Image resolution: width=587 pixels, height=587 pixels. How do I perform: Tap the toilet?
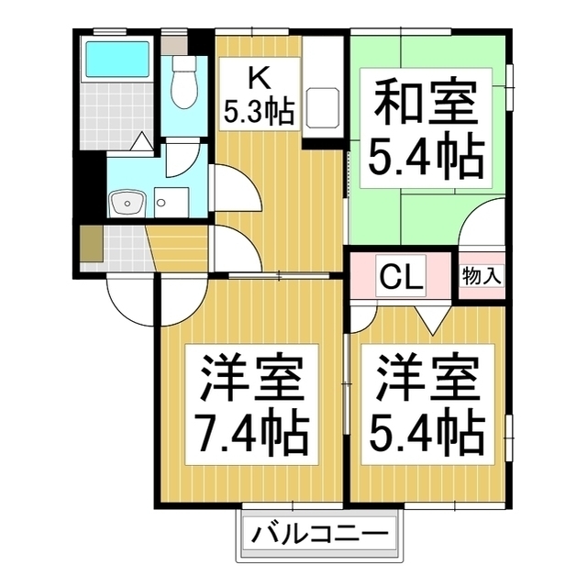[181, 78]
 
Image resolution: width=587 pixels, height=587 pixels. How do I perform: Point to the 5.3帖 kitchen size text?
[259, 112]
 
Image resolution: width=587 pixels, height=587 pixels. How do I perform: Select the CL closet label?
[400, 275]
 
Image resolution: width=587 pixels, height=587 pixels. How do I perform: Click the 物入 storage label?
[481, 274]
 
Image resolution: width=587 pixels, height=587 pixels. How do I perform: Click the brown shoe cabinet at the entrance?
[91, 244]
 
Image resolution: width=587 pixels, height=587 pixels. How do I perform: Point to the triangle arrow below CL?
[427, 316]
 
